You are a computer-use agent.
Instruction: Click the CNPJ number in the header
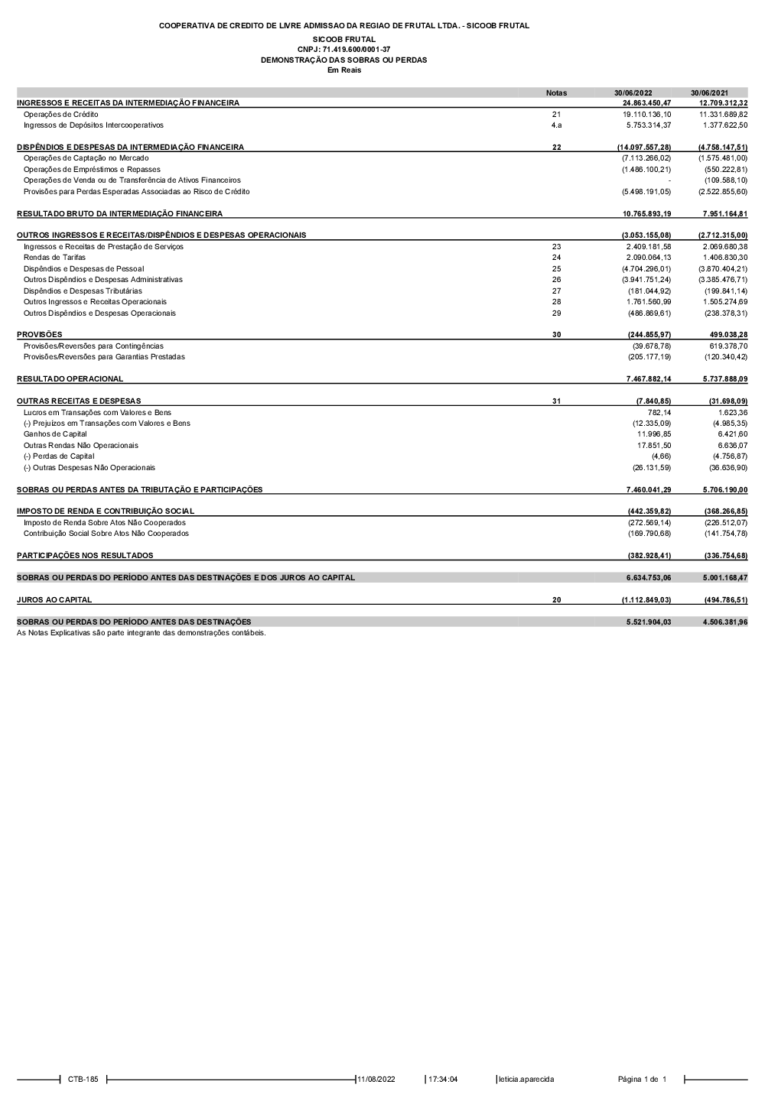(343, 49)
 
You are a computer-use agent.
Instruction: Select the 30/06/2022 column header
(633, 93)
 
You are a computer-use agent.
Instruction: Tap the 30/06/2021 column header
(709, 93)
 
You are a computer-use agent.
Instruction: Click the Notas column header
(556, 93)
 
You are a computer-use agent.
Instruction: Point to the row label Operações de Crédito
(61, 114)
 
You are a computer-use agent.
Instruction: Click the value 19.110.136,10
(646, 114)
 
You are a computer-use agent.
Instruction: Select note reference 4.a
(556, 125)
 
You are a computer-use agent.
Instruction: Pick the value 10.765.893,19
(646, 213)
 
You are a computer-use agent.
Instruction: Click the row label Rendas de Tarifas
(54, 258)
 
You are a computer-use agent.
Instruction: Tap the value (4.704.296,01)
(646, 269)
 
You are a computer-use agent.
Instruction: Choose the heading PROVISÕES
(40, 335)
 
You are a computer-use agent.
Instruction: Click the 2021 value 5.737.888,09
(723, 379)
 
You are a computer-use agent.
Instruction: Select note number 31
(556, 401)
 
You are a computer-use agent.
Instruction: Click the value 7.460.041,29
(646, 489)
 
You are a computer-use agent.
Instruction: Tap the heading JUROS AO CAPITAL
(54, 600)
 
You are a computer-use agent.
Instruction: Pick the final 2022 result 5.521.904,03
(646, 622)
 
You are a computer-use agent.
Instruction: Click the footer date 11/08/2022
(376, 1080)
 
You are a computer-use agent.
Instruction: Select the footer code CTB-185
(83, 1080)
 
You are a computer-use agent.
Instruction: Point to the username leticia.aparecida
(526, 1080)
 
